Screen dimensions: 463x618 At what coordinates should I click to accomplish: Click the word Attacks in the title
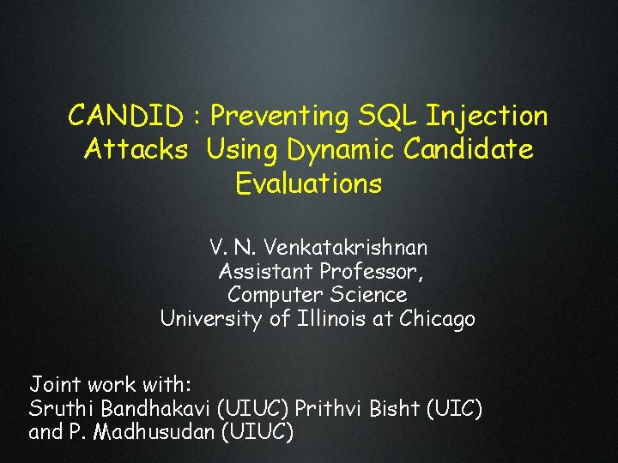136,149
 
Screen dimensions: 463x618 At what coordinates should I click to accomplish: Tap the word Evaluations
308,183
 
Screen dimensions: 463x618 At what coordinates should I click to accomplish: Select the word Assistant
265,272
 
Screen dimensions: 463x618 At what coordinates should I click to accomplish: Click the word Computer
270,295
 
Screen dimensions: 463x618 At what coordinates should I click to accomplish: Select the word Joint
54,382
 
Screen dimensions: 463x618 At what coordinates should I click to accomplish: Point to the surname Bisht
393,407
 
